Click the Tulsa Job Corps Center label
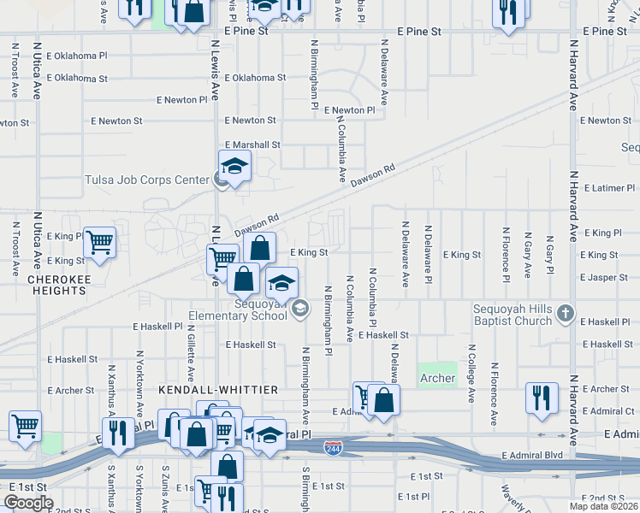pyautogui.click(x=147, y=180)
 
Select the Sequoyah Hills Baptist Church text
pyautogui.click(x=513, y=315)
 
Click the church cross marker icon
pyautogui.click(x=565, y=314)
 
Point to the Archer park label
pyautogui.click(x=437, y=377)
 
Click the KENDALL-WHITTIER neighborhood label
pyautogui.click(x=218, y=390)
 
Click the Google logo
pyautogui.click(x=28, y=503)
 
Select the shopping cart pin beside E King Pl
pyautogui.click(x=100, y=243)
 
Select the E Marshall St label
pyautogui.click(x=252, y=145)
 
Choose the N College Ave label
pyautogui.click(x=471, y=373)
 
